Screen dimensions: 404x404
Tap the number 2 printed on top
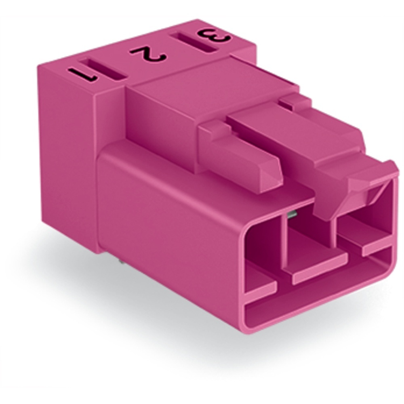tap(148, 54)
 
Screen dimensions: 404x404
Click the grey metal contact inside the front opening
tap(292, 215)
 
